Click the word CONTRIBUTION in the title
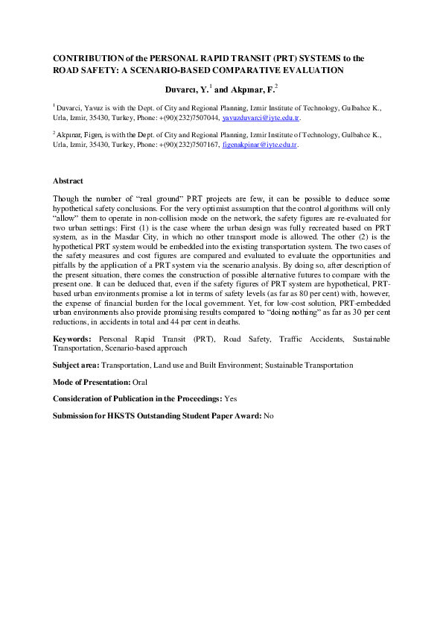tap(84, 57)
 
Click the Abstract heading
tap(68, 181)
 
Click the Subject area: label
tap(76, 365)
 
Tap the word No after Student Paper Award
tap(269, 415)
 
